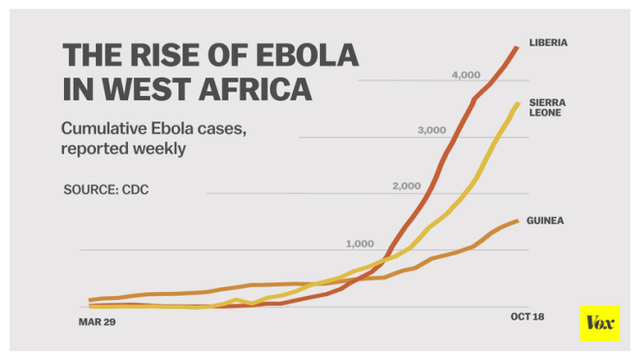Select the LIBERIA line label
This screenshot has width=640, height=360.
pos(548,44)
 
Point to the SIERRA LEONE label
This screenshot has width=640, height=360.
pos(547,107)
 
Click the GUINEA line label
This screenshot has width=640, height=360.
pos(545,221)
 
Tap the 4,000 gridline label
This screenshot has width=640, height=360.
pos(466,75)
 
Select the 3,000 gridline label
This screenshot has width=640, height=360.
pos(431,130)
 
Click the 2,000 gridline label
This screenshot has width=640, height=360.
pos(407,185)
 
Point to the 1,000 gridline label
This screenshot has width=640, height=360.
pos(359,243)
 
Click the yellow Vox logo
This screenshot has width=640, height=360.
pos(598,323)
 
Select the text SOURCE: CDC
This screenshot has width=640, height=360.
pos(106,187)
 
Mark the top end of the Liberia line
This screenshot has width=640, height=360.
pos(516,46)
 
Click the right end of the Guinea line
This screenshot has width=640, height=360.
pos(518,220)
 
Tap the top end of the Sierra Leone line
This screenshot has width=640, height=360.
pos(518,103)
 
